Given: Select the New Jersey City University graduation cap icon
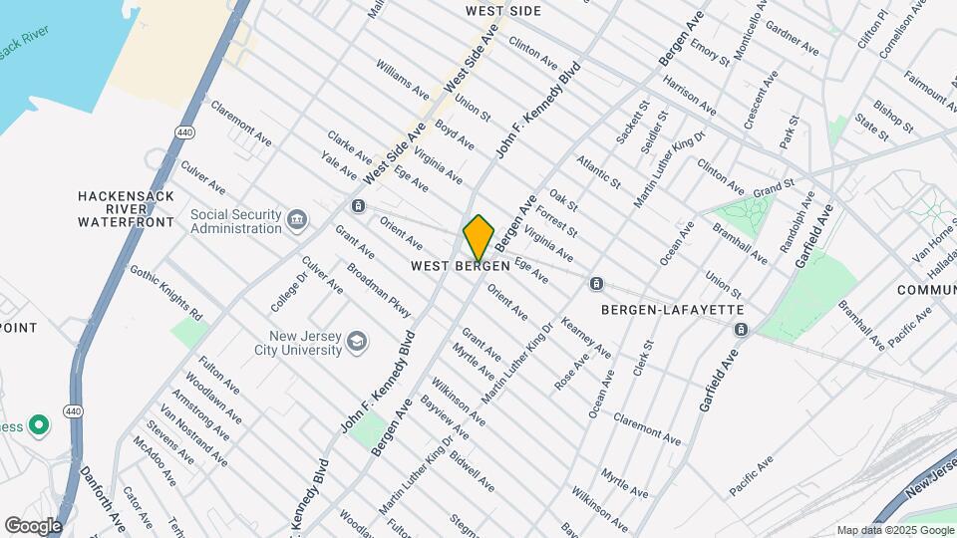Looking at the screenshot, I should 356,344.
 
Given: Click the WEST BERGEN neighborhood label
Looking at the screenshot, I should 461,267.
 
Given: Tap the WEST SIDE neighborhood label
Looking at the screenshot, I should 503,11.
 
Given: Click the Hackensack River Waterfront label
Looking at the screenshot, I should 127,204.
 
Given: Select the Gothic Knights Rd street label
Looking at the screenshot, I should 165,290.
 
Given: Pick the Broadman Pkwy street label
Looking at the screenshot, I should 379,291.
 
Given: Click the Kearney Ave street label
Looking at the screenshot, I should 586,339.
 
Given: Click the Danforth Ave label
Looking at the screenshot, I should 103,500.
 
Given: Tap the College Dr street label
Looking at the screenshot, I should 288,289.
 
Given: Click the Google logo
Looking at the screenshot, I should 33,525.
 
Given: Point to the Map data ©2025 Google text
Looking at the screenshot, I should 895,530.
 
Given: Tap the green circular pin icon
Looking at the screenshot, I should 39,426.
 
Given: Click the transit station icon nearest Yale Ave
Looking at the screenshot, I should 357,206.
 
